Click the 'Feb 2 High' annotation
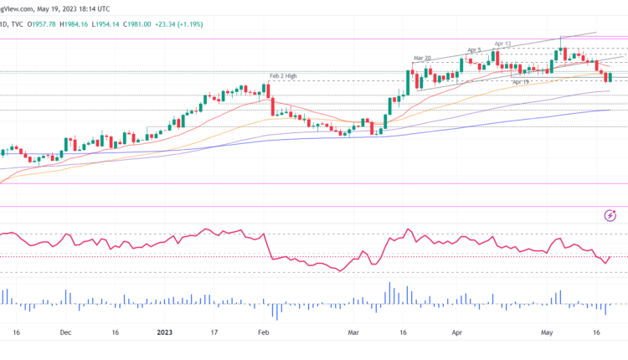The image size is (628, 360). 283,76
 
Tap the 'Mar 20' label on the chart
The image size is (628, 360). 421,58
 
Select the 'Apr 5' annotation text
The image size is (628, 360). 474,50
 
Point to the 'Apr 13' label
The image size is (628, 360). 502,44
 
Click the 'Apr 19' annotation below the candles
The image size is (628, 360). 521,82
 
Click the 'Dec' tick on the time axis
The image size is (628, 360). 65,332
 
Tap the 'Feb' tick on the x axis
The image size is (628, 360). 263,332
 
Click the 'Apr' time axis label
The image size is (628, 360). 457,332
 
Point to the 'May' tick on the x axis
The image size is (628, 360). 548,332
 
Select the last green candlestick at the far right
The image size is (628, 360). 610,77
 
